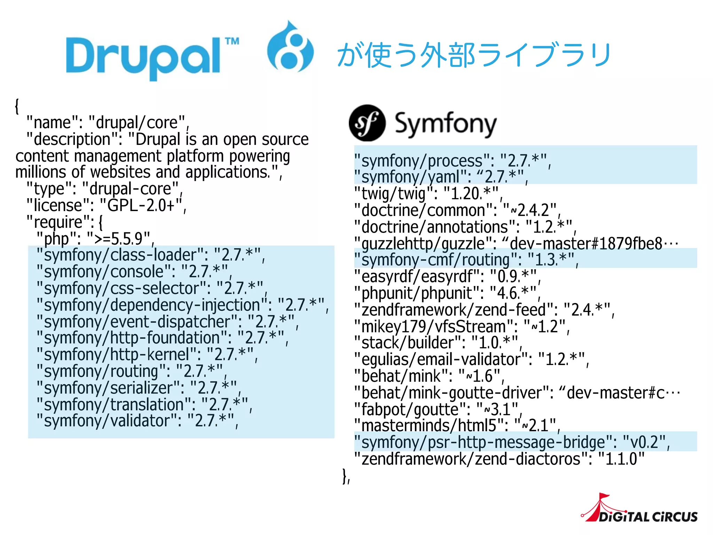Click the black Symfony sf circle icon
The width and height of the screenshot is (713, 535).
367,123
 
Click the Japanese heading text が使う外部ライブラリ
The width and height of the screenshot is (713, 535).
473,55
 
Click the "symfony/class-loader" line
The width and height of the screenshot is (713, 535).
150,255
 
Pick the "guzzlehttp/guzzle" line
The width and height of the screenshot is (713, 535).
515,243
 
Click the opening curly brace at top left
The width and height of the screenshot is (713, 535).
17,106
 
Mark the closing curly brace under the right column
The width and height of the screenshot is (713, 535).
345,476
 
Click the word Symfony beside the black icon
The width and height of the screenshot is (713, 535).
446,124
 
